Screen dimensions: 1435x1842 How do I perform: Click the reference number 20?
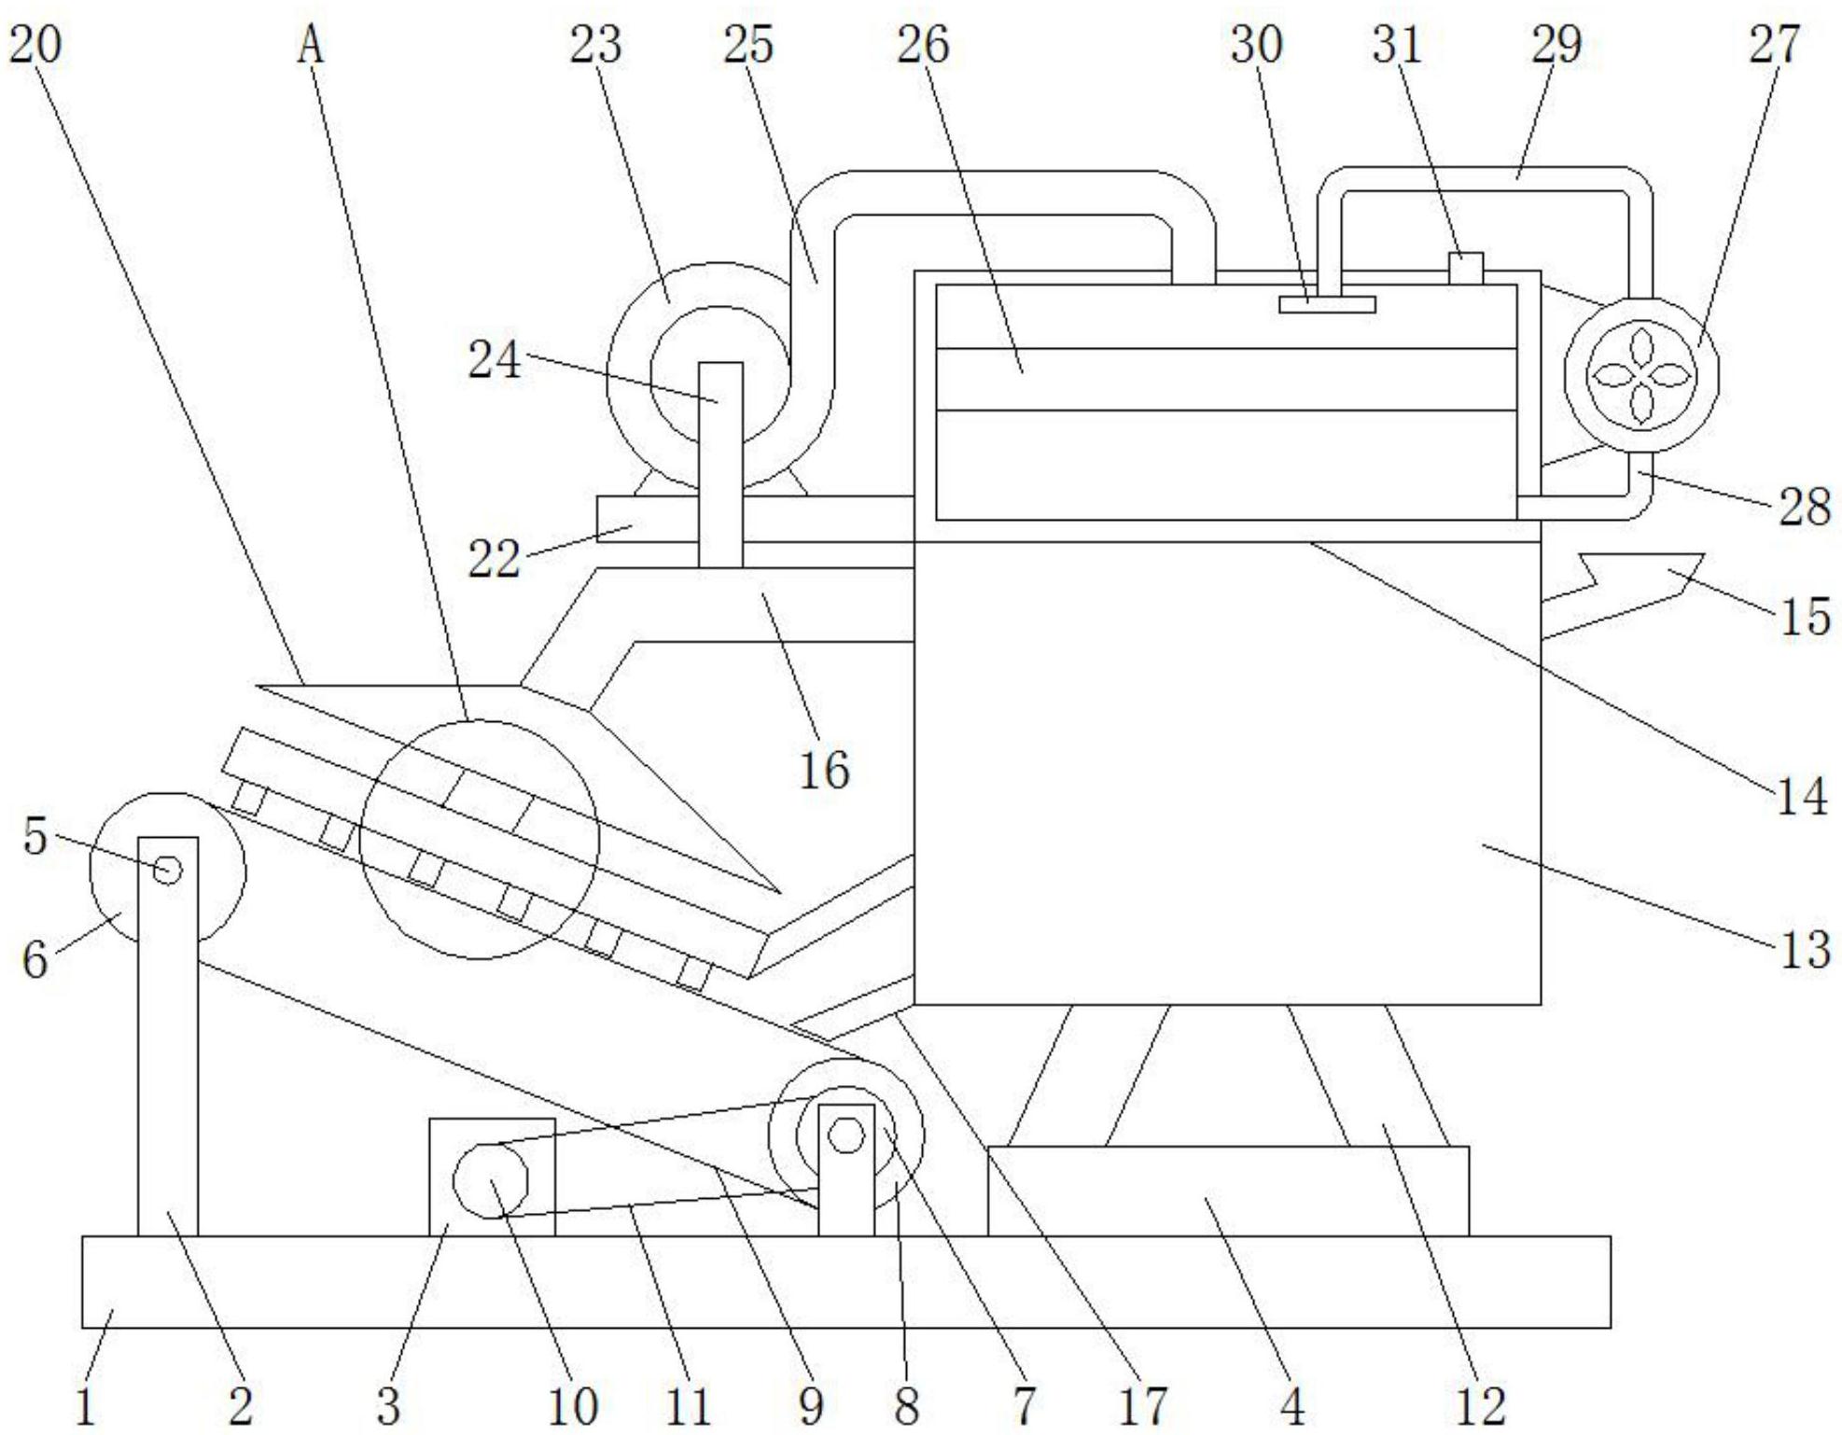pos(35,44)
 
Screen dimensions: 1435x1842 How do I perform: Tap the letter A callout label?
pos(311,45)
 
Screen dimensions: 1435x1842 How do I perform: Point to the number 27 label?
pos(1774,44)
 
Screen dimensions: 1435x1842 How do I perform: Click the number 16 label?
pos(825,770)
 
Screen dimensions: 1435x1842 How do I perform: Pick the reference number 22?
pos(494,559)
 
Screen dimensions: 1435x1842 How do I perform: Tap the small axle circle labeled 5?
pos(168,871)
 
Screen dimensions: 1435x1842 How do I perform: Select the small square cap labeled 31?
pos(1466,269)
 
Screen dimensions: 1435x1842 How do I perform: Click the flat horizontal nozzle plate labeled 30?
pos(1326,304)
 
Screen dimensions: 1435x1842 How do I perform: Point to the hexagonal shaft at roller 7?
pos(846,1135)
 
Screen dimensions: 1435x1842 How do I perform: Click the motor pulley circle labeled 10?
pos(490,1180)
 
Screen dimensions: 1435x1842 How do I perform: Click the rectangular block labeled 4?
pos(1227,1191)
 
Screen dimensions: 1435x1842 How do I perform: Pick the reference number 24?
pos(494,359)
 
